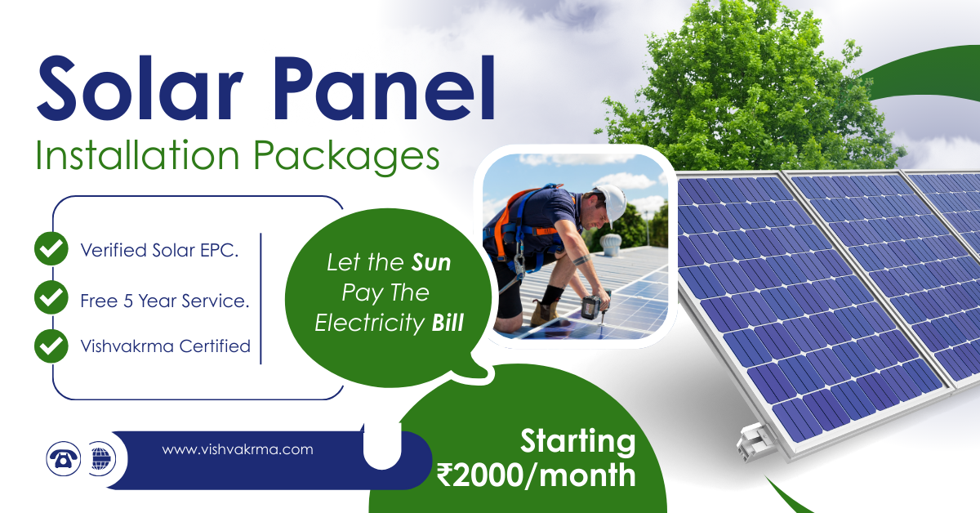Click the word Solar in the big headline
[x=140, y=87]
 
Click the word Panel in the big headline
[x=385, y=87]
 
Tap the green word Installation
[x=137, y=155]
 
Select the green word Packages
[x=346, y=158]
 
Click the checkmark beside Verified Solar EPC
[x=51, y=248]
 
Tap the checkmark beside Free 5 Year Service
[x=51, y=297]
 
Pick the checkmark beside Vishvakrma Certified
[x=51, y=346]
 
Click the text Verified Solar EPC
[x=160, y=250]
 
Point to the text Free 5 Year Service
[x=165, y=301]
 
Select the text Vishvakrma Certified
[x=165, y=346]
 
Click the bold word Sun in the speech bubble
[x=431, y=263]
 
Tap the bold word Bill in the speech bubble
[x=448, y=323]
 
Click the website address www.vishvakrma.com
[x=238, y=449]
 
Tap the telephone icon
[x=64, y=459]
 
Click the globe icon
[x=101, y=459]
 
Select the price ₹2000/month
[x=536, y=475]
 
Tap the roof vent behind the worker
[x=609, y=244]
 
